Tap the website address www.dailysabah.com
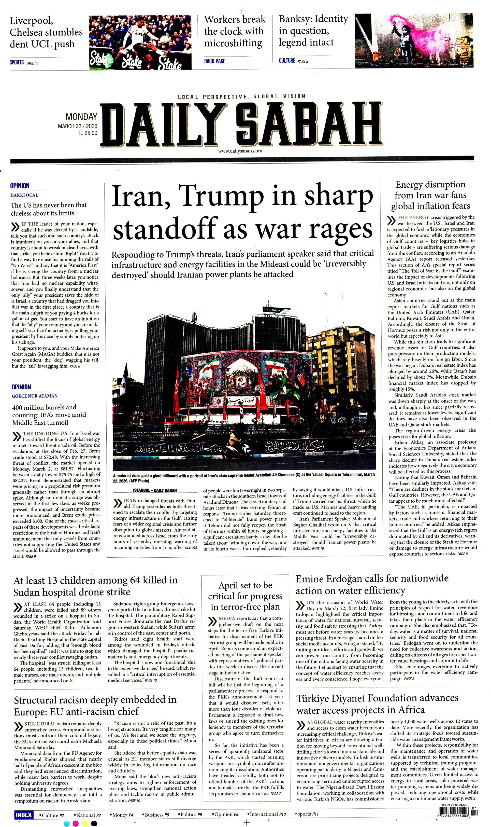click(x=240, y=151)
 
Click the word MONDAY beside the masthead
click(x=81, y=117)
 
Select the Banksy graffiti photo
click(x=416, y=41)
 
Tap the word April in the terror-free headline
click(x=231, y=585)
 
